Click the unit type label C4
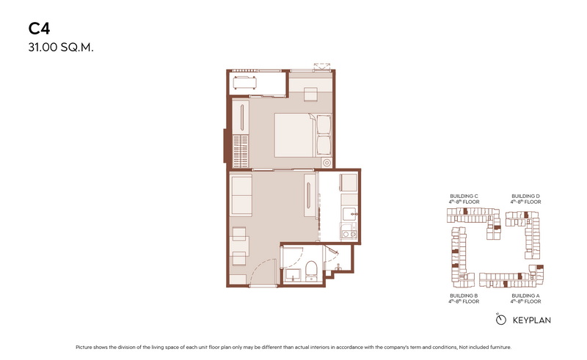click(39, 29)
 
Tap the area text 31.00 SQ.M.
click(61, 48)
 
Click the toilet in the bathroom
click(310, 271)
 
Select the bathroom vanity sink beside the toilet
click(293, 275)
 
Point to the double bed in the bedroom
click(302, 135)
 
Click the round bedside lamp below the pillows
click(327, 163)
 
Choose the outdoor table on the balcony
click(245, 83)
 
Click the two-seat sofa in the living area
click(241, 196)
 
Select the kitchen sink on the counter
click(350, 214)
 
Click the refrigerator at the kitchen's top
click(348, 183)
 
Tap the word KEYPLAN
click(531, 320)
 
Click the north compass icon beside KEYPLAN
click(500, 320)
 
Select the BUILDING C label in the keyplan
click(464, 196)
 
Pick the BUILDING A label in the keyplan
click(525, 295)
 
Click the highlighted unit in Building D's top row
click(526, 215)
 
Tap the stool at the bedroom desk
click(310, 94)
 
